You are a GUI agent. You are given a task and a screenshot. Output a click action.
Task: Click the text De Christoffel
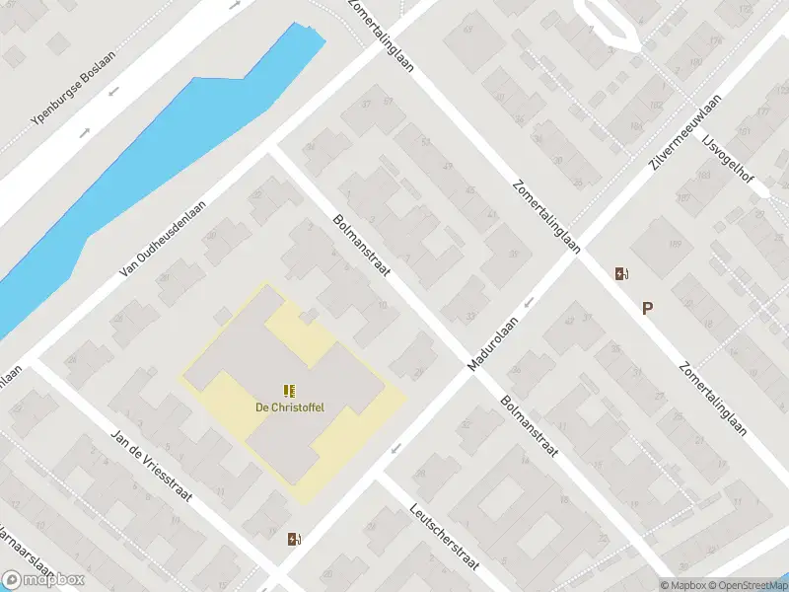[x=290, y=407]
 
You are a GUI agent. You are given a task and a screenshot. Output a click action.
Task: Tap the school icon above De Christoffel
[x=289, y=391]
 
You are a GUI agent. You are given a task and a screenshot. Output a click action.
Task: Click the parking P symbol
[x=647, y=308]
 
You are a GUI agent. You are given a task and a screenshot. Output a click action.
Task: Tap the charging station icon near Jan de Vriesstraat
[x=293, y=539]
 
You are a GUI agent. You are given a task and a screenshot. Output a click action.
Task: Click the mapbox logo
[x=43, y=579]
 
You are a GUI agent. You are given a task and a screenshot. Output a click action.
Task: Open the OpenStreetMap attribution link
[x=744, y=585]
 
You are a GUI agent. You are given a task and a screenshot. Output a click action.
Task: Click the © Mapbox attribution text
[x=681, y=585]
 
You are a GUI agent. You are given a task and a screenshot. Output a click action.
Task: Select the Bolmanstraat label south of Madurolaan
[x=529, y=427]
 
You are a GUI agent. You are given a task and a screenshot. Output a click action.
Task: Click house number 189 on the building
[x=677, y=245]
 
